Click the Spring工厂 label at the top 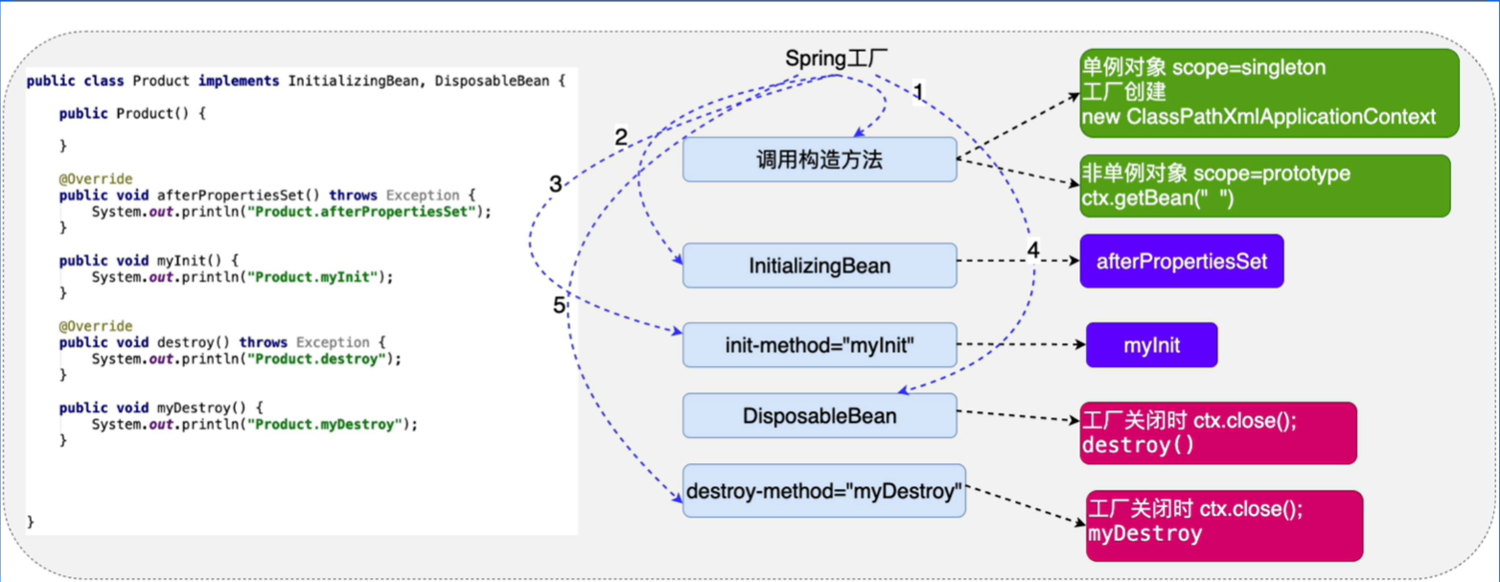click(832, 58)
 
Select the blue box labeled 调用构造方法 click(819, 159)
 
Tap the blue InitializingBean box click(819, 265)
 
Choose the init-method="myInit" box click(819, 344)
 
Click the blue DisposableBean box click(819, 415)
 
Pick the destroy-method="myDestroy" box click(824, 492)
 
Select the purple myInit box click(1151, 345)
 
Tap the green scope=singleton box click(1269, 92)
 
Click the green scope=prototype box click(1265, 185)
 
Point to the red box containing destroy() click(1217, 433)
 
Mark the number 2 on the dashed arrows click(620, 137)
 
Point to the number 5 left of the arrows click(559, 307)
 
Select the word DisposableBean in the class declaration click(489, 81)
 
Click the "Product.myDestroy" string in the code click(331, 424)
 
